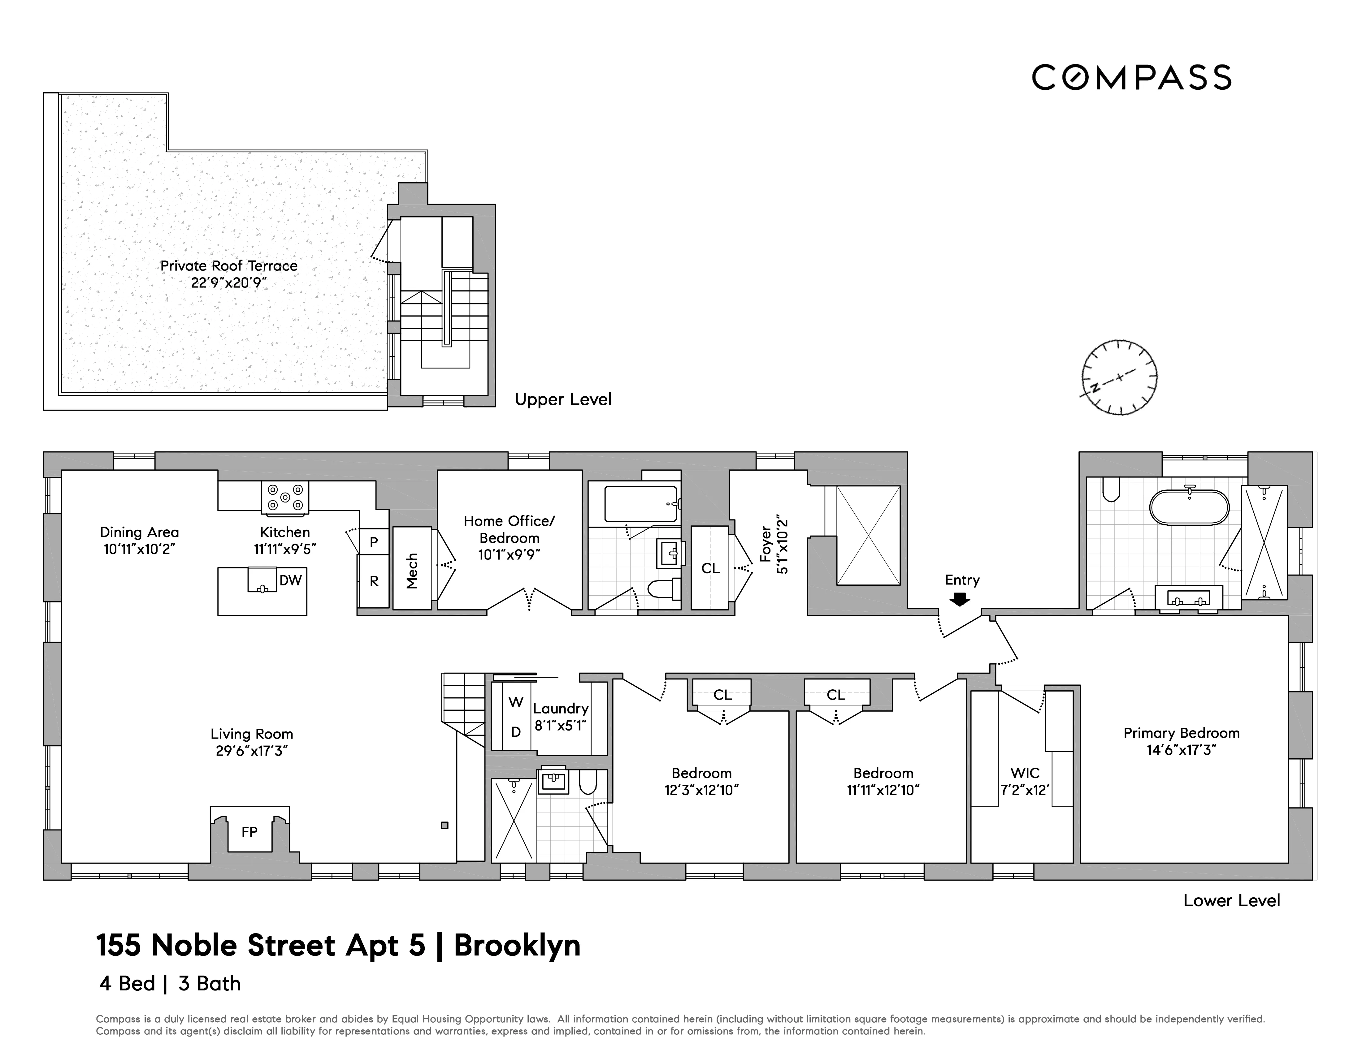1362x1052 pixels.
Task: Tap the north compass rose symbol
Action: (1119, 378)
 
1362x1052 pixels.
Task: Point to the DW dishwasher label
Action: (291, 580)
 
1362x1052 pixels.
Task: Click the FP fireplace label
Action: (249, 832)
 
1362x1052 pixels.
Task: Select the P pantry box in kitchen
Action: (374, 542)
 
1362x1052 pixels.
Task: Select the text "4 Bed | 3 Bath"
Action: (170, 983)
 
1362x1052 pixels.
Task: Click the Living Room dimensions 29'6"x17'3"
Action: (251, 751)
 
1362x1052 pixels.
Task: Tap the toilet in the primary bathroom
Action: (1111, 489)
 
